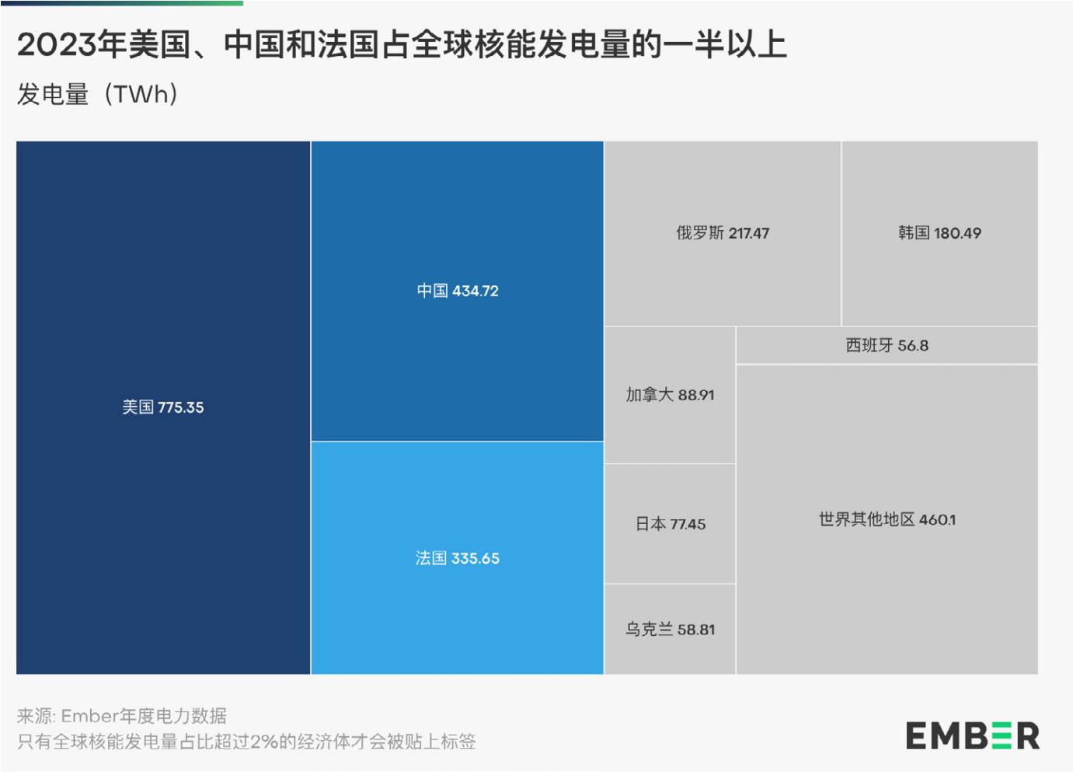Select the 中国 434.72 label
[457, 291]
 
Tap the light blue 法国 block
[457, 606]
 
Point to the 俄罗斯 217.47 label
[722, 233]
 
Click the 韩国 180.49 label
[939, 233]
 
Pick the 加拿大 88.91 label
[670, 395]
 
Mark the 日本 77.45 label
[670, 524]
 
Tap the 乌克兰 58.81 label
[670, 629]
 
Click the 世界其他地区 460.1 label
[887, 519]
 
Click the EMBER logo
[972, 735]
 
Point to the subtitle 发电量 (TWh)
[98, 94]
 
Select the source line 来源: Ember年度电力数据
[122, 715]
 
